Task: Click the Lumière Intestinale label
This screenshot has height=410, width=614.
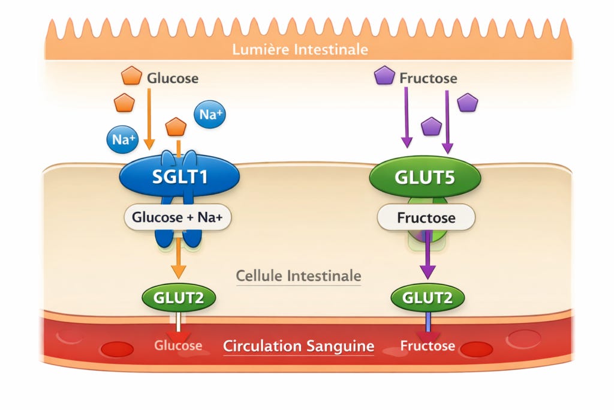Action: [300, 50]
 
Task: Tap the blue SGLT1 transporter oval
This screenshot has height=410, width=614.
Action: [179, 176]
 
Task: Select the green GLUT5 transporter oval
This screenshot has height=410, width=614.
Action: [425, 176]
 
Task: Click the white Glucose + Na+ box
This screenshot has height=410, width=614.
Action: [177, 217]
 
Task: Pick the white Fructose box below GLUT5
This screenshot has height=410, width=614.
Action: [426, 217]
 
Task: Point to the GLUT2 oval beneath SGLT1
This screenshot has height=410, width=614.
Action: [179, 298]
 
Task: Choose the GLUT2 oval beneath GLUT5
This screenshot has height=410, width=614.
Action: [428, 298]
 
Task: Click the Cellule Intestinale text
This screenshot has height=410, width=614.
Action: [299, 276]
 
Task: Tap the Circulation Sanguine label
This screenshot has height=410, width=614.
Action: [299, 346]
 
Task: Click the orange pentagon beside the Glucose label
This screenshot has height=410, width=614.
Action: [131, 76]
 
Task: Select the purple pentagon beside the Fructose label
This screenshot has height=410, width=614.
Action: [384, 75]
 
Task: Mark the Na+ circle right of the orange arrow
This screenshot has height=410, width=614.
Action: [210, 114]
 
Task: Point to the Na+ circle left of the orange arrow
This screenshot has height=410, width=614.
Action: [122, 139]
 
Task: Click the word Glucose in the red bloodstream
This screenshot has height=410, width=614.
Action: [178, 345]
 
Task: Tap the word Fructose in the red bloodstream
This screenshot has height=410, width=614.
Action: [428, 346]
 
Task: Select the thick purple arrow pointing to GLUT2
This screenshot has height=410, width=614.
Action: [428, 254]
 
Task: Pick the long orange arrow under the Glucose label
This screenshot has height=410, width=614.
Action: [149, 119]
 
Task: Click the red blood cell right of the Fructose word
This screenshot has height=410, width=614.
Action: [476, 349]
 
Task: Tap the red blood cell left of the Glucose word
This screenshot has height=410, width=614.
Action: [117, 349]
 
